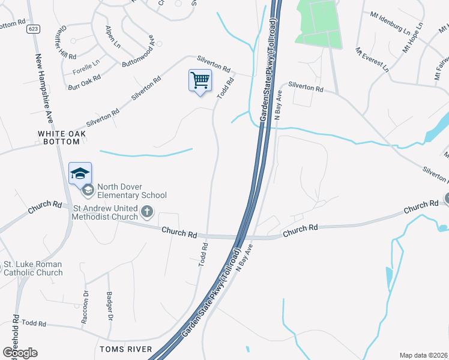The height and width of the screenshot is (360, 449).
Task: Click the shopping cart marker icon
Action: point(200,80)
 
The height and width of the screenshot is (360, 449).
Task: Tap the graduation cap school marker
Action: point(80,173)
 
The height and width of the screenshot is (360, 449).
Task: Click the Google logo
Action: point(20,353)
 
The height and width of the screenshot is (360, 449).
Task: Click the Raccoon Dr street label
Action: point(85,308)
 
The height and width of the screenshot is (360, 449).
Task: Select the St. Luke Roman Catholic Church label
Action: point(34,268)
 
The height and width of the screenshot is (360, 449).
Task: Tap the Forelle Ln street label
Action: point(86,66)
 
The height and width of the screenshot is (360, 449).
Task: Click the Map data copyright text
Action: point(424,355)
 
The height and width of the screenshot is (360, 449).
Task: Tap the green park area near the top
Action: point(317,23)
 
